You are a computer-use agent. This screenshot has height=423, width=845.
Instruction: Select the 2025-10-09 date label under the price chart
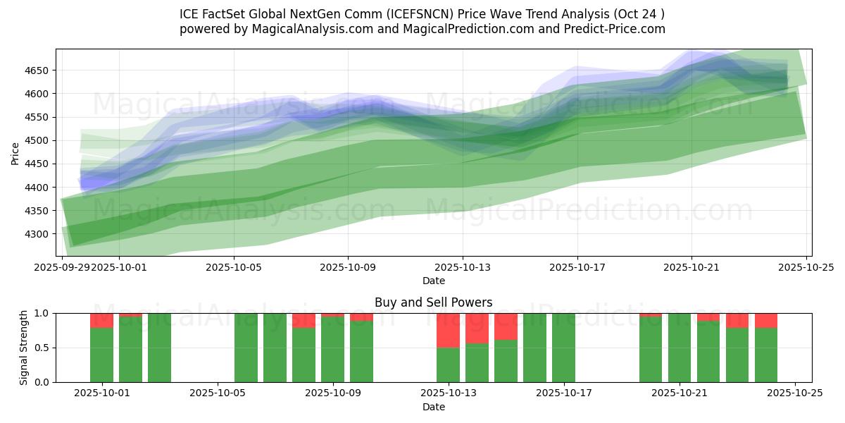pyautogui.click(x=347, y=267)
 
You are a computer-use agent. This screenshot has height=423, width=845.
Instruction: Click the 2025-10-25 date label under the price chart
pyautogui.click(x=806, y=267)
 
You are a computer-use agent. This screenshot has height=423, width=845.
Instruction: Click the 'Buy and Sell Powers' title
pyautogui.click(x=433, y=302)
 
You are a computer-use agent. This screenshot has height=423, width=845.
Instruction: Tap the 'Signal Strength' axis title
pyautogui.click(x=24, y=348)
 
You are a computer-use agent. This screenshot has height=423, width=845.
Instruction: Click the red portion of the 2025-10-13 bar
pyautogui.click(x=449, y=330)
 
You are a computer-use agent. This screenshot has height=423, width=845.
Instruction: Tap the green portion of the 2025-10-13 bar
pyautogui.click(x=449, y=364)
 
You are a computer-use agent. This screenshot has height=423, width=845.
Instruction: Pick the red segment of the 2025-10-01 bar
pyautogui.click(x=102, y=320)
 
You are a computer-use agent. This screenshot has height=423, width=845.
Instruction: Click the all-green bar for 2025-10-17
pyautogui.click(x=564, y=348)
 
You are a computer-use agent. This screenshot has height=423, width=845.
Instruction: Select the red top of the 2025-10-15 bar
pyautogui.click(x=506, y=326)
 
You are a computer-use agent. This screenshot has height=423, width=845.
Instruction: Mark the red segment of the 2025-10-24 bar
pyautogui.click(x=766, y=320)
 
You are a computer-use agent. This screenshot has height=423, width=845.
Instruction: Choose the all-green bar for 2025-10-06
pyautogui.click(x=246, y=348)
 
